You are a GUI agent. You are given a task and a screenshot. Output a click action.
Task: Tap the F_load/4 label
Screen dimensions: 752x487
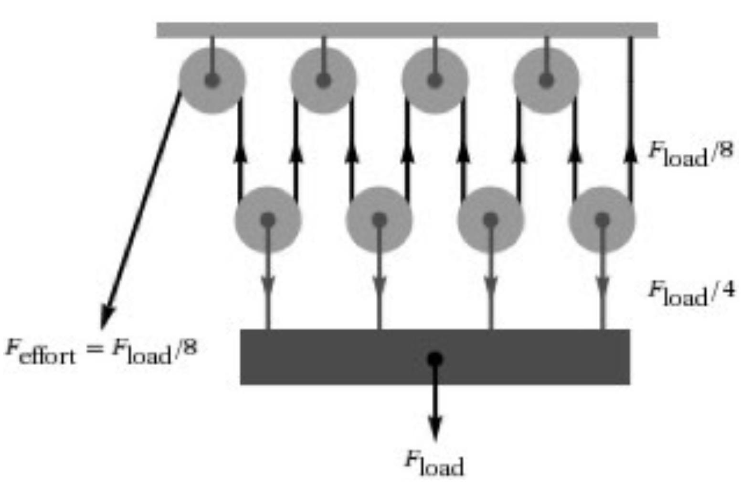[x=691, y=293]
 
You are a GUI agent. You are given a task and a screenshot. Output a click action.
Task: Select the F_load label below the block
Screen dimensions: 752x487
[x=434, y=463]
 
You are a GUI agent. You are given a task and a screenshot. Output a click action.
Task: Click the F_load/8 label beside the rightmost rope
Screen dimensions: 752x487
[x=691, y=153]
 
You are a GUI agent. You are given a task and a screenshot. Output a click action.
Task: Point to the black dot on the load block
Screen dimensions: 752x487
[x=435, y=359]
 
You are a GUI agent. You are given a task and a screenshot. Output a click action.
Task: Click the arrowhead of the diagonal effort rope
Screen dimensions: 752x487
[x=107, y=317]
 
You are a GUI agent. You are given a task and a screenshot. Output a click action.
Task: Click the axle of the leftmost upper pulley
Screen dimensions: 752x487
[x=212, y=80]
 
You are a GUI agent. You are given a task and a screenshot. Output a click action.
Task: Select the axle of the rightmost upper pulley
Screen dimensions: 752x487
[x=546, y=80]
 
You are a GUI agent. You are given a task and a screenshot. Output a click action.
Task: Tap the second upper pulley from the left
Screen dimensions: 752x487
[x=323, y=80]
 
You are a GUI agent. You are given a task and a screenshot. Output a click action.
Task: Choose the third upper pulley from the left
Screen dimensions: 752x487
[x=435, y=80]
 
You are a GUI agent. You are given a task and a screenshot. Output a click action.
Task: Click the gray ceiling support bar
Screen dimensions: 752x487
[x=407, y=30]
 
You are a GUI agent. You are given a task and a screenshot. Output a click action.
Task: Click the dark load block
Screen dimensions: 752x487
[x=435, y=357]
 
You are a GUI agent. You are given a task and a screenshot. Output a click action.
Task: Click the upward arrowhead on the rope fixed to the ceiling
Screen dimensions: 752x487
[x=630, y=153]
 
